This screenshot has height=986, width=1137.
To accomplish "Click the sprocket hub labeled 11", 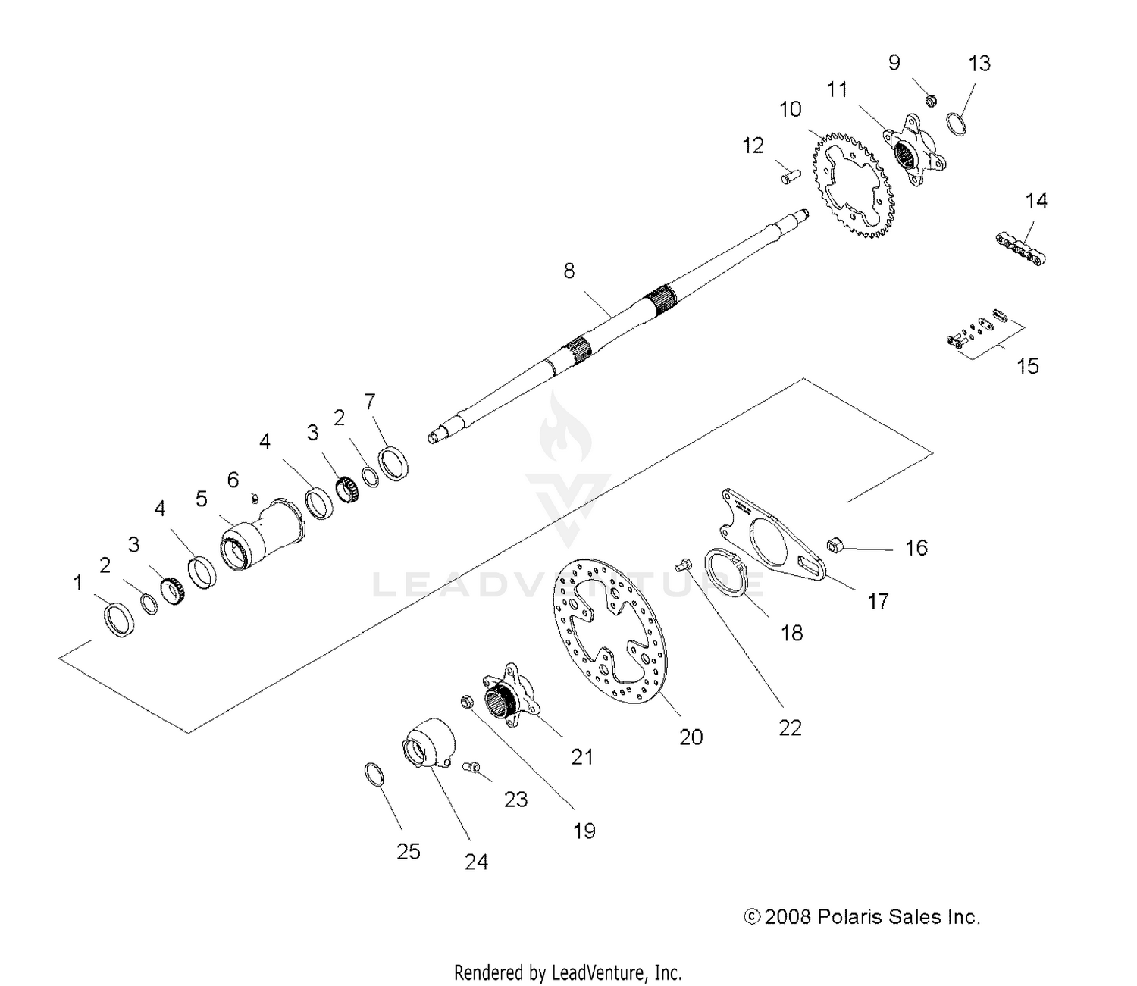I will (x=910, y=149).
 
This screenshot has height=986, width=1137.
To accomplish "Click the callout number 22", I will (x=790, y=728).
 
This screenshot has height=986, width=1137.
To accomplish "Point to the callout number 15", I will (x=1027, y=367).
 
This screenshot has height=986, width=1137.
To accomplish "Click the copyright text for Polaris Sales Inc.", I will (x=863, y=917).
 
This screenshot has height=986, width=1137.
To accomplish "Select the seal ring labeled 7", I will (x=394, y=462).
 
